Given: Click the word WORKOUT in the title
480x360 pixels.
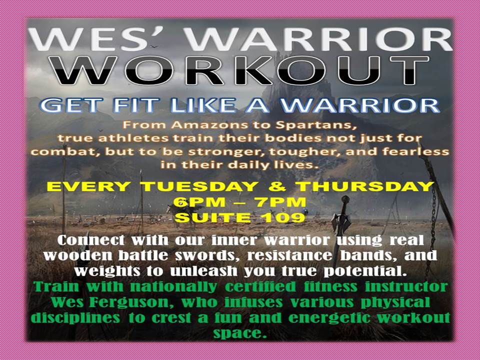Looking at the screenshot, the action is pyautogui.click(x=243, y=70).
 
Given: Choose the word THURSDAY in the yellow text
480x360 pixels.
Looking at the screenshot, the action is pyautogui.click(x=366, y=186).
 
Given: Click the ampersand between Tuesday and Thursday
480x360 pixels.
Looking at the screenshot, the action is pyautogui.click(x=278, y=186).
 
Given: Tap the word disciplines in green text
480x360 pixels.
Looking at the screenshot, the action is pyautogui.click(x=75, y=318).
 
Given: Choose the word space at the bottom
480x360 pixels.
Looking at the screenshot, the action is pyautogui.click(x=238, y=333).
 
